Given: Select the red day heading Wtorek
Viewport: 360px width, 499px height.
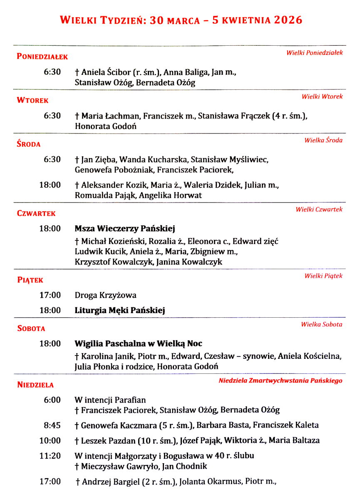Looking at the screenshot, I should point(32,101).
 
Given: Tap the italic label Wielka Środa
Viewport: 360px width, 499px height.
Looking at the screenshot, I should point(323,140).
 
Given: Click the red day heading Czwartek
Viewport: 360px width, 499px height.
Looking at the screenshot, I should point(36,214).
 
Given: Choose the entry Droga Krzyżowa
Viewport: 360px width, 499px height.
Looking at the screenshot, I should point(106,296).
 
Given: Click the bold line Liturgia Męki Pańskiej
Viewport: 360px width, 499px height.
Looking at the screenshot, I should point(120,310).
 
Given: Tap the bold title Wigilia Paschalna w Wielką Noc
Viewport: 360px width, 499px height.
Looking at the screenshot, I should point(138,344).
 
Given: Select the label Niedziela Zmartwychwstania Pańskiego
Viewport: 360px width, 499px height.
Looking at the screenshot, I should point(281,380).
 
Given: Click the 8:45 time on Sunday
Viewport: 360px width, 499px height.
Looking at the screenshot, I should point(52,425).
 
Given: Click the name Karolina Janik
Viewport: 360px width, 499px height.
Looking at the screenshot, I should point(107,356).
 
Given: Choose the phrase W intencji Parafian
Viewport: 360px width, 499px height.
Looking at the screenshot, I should point(110,400).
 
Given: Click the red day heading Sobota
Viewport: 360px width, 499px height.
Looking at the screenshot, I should point(31,329).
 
